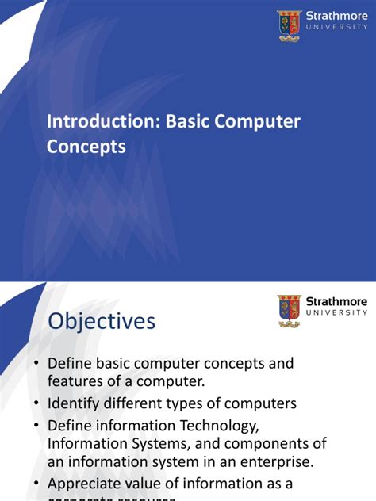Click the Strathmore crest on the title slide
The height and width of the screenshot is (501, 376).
click(289, 25)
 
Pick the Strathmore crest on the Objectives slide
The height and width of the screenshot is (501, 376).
click(289, 311)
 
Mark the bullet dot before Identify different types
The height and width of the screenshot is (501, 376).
click(36, 404)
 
